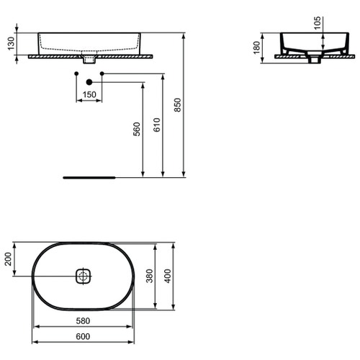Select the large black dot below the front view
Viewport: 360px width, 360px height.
tap(89, 73)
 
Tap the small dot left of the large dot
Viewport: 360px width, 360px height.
tap(75, 73)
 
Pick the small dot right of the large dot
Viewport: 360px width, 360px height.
tap(103, 73)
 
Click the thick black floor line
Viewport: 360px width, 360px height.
tap(89, 175)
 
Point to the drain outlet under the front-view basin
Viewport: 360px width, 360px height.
tap(89, 60)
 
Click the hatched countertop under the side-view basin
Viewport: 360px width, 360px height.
tap(288, 57)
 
